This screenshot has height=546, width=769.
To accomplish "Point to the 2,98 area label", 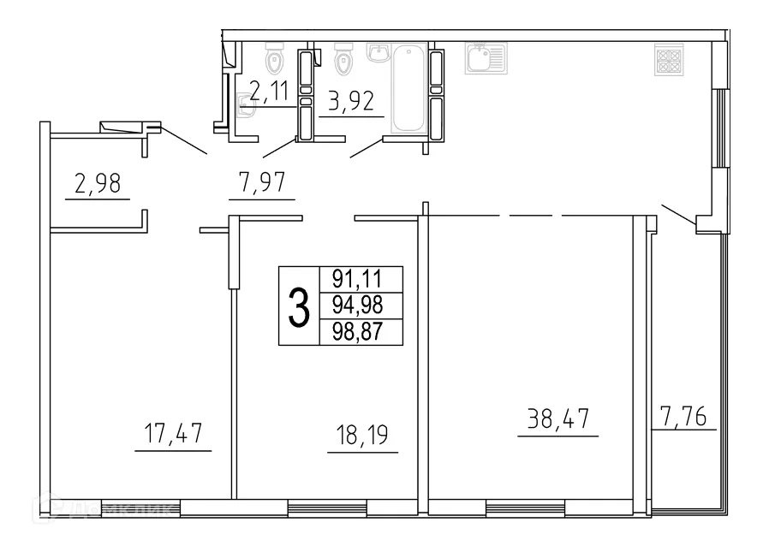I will [x=97, y=183].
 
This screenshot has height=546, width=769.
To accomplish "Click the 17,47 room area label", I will [x=172, y=433].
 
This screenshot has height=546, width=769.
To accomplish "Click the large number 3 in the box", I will [x=298, y=306].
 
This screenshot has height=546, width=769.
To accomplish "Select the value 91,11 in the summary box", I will [x=361, y=279].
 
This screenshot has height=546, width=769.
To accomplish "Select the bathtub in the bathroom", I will [x=408, y=89].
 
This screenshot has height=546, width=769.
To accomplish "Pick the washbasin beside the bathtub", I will [x=379, y=53].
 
